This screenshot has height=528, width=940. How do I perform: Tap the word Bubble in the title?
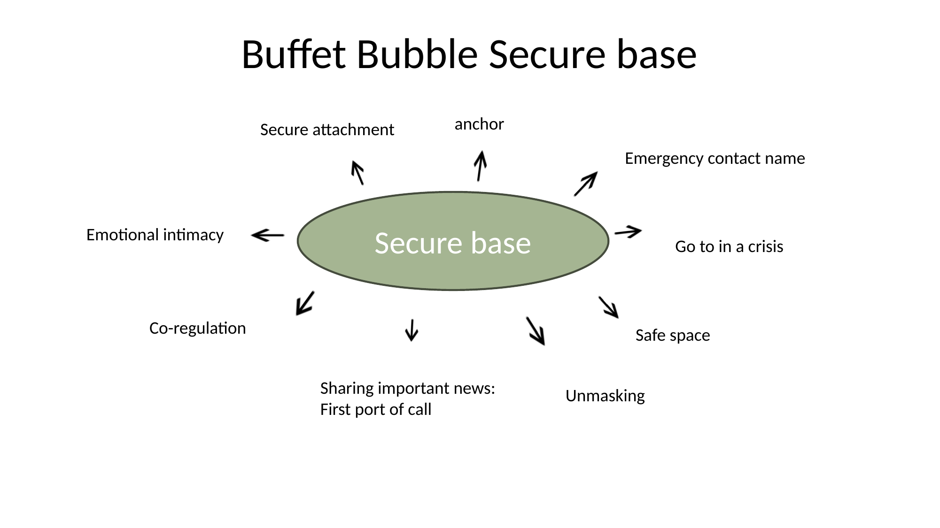pos(417,54)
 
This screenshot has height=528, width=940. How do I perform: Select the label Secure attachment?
pos(327,130)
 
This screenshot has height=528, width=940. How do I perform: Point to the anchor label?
pos(479,124)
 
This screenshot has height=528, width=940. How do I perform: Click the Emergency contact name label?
pos(715,159)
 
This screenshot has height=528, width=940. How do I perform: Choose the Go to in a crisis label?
pos(729,247)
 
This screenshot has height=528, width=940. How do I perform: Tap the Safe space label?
pos(672,336)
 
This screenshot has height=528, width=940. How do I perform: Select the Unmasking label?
pos(605,396)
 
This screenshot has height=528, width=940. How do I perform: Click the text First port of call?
pos(376,410)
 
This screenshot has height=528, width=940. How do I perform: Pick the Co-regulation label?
pos(197,328)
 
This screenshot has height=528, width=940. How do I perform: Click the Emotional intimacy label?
pos(155,235)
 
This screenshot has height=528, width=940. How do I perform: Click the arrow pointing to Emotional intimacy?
pos(268,235)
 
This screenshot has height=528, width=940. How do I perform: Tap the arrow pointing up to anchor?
pos(480,166)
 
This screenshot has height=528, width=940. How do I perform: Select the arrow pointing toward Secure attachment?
pos(357,173)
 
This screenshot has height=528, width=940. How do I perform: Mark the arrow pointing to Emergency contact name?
pos(585,184)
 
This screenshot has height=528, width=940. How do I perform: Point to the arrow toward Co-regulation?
pos(305,303)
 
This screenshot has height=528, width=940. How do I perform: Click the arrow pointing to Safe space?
pos(608,307)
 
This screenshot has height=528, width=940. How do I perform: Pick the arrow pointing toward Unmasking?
pos(536,331)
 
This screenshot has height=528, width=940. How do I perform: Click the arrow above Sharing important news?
pos(412,330)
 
